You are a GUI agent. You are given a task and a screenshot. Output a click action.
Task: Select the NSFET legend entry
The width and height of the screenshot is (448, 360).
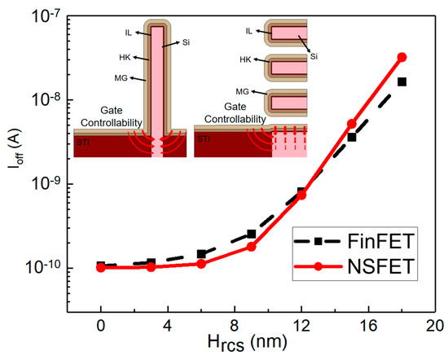coord(359,266)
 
